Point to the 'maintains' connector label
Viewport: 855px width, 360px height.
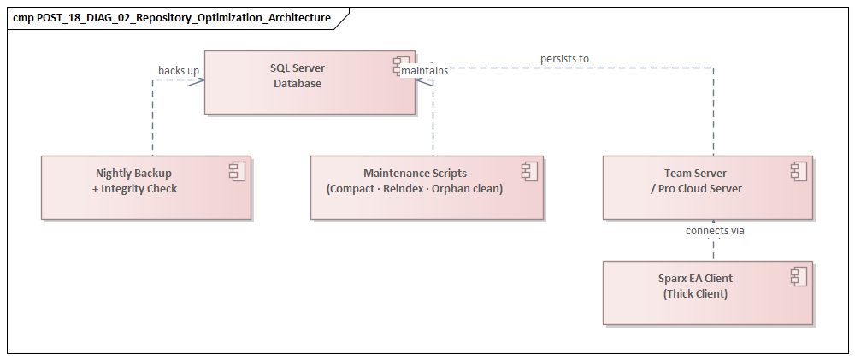[425, 70]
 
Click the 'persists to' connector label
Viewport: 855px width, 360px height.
[564, 59]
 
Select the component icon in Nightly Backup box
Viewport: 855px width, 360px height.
[237, 171]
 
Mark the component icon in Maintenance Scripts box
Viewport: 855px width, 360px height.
[529, 171]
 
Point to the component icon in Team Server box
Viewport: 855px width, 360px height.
[799, 171]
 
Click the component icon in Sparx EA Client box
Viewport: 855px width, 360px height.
[799, 276]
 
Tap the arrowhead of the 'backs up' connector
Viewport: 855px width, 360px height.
[200, 81]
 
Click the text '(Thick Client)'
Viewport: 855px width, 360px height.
[695, 293]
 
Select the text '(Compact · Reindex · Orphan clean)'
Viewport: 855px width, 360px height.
[415, 188]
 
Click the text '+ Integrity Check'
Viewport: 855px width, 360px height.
[134, 188]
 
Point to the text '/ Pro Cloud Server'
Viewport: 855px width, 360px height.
[695, 188]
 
